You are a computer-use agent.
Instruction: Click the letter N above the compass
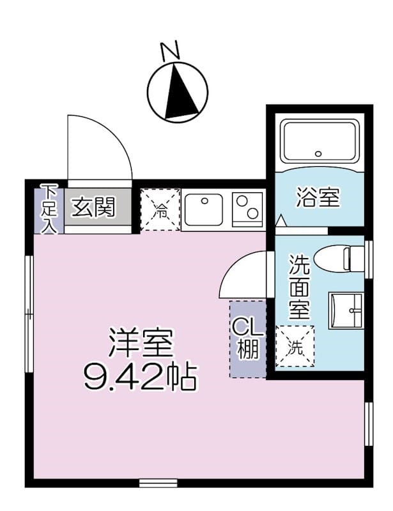click(169, 51)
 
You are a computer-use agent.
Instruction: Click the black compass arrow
click(178, 93)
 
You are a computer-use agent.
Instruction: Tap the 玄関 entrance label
click(93, 207)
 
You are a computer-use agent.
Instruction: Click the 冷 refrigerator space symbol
click(160, 210)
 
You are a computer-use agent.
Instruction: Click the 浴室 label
click(317, 198)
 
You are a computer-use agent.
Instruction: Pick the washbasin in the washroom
click(346, 310)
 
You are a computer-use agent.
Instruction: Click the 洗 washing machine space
click(295, 347)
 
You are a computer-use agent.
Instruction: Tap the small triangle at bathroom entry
click(280, 221)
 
